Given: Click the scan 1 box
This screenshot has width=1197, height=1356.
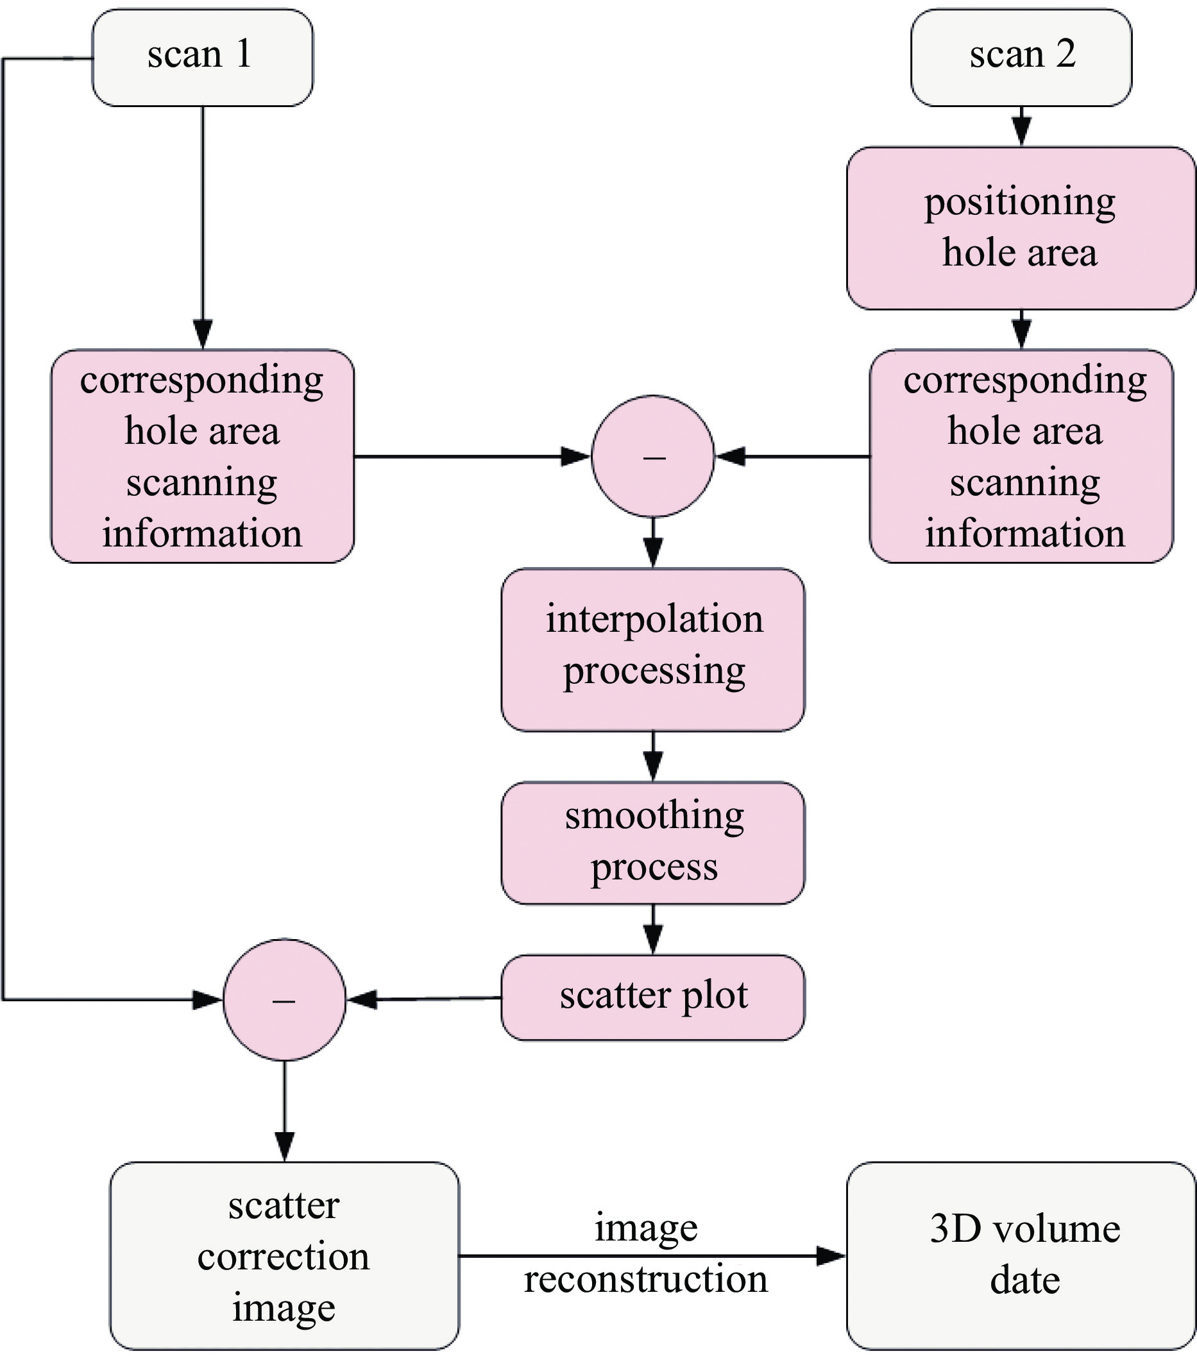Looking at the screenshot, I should click(x=202, y=57).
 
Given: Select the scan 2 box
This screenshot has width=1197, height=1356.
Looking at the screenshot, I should click(x=1021, y=57).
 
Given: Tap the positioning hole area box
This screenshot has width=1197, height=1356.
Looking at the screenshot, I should click(x=1021, y=228).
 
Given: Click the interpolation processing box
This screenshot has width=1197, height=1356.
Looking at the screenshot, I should click(x=653, y=650).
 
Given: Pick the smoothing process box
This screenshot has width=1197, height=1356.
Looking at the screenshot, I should click(x=653, y=842).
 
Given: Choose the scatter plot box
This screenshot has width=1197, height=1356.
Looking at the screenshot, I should click(x=653, y=996).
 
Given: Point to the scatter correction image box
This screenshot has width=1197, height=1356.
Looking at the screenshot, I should click(x=284, y=1255).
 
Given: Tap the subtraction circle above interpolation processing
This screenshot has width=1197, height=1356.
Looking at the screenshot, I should click(x=653, y=457).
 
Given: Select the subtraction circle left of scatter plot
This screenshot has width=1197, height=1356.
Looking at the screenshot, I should click(x=284, y=999).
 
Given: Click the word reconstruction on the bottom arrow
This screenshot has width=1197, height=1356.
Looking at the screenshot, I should click(x=645, y=1280).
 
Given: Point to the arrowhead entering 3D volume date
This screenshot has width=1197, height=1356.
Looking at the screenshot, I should click(x=831, y=1255).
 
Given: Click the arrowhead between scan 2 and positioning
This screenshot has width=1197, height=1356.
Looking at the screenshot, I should click(x=1022, y=131).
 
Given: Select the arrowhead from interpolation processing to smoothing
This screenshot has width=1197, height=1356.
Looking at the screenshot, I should click(x=653, y=767).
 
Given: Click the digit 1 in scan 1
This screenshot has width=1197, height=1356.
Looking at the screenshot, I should click(x=243, y=55).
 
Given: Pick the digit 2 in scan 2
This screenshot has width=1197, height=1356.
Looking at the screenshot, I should click(x=1065, y=55).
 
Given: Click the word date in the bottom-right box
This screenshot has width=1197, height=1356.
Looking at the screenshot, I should click(x=1024, y=1280).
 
